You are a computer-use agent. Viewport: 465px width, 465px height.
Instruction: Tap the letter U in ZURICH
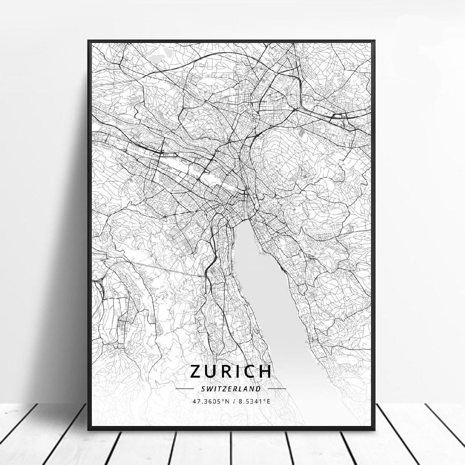click(x=211, y=371)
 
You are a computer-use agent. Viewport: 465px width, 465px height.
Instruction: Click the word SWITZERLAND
click(x=231, y=389)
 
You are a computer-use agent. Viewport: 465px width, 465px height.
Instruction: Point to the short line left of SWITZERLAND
click(x=184, y=389)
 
